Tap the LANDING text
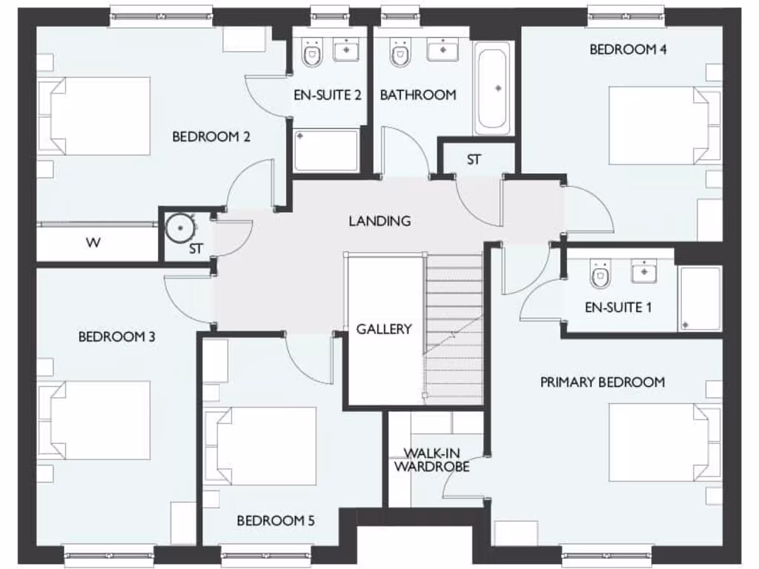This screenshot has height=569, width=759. [379, 221]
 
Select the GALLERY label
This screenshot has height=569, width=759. [383, 329]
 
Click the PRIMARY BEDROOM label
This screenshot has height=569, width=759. [602, 382]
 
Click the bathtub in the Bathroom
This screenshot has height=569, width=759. [493, 87]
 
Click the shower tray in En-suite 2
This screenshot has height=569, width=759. [326, 150]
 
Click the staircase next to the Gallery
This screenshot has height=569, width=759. [454, 326]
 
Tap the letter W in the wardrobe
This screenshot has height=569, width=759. [93, 242]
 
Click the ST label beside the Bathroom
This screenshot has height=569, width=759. [474, 160]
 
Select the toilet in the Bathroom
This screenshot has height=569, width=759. [400, 52]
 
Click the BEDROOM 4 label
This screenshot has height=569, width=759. [623, 50]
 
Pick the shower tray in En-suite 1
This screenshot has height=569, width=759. [699, 298]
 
